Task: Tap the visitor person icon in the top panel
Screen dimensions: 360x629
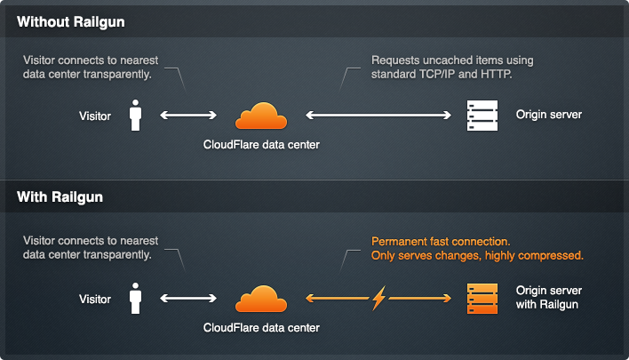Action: [136, 116]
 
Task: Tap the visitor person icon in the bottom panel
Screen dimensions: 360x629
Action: [136, 299]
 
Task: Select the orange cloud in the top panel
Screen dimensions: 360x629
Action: [261, 116]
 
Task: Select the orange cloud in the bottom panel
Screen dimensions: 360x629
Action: [261, 300]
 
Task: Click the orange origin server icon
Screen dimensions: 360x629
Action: [483, 299]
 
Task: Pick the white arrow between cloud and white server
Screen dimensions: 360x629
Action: [377, 116]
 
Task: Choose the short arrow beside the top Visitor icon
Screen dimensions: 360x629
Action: [188, 116]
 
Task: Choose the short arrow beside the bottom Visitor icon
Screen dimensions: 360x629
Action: [188, 299]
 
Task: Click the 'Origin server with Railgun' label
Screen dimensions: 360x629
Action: [549, 299]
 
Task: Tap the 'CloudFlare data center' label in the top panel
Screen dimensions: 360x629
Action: [261, 144]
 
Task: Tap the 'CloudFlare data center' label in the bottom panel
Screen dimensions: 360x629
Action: [261, 328]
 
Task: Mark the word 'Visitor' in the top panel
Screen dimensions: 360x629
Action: [94, 116]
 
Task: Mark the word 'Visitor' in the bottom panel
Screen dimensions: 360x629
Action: [94, 299]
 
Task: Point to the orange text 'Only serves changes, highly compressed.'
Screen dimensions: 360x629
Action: [476, 256]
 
